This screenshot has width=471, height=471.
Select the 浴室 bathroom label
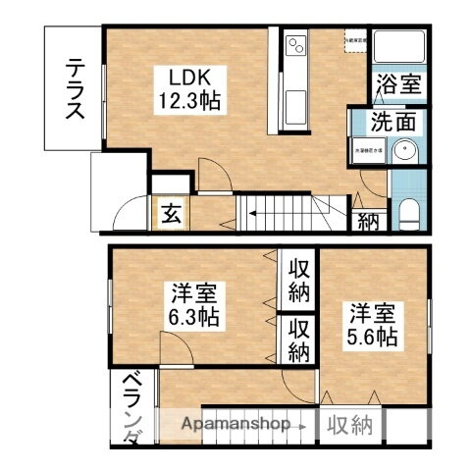pos(399,85)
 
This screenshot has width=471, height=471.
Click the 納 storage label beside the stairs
pos(369,221)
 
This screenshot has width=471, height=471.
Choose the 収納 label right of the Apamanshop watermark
pos(349,426)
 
